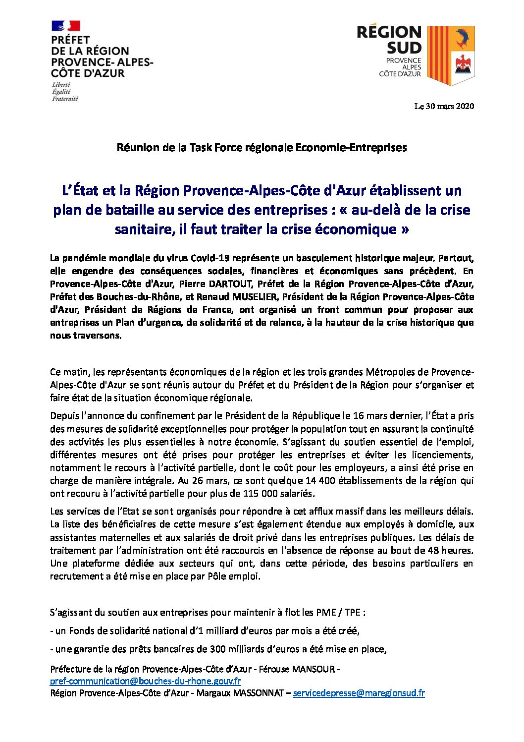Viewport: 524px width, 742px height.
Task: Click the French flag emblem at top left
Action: click(x=66, y=26)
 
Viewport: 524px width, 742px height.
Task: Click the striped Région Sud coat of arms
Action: click(x=451, y=55)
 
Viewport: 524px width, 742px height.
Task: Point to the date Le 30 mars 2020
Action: click(x=444, y=106)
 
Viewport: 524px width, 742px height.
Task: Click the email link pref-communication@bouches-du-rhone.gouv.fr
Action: click(x=146, y=681)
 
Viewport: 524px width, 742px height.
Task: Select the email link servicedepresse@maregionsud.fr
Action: click(x=359, y=693)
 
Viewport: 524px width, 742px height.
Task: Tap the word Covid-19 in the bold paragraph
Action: click(x=210, y=258)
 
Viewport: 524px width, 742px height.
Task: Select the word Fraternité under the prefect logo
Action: click(x=65, y=99)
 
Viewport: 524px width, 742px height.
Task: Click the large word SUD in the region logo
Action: click(x=404, y=48)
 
